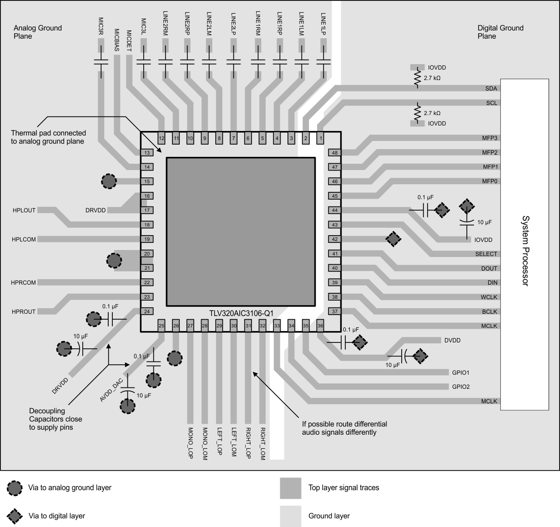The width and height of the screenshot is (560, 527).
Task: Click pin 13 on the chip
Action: pos(147,153)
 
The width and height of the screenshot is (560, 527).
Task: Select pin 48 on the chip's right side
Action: pos(335,153)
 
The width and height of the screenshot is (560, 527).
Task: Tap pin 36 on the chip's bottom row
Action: pos(320,326)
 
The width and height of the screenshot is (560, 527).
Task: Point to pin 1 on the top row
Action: pos(320,138)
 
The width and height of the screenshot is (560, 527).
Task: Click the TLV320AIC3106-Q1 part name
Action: pos(241,313)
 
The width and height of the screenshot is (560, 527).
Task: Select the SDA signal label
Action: pos(491,89)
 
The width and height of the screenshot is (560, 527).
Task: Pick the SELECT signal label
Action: pos(486,254)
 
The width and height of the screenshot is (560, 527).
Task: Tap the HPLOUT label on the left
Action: pos(24,211)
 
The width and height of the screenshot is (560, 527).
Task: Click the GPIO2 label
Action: pos(461,387)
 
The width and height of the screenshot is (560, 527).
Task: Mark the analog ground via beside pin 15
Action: pos(109,181)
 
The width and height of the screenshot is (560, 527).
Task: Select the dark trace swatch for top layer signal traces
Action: pos(290,488)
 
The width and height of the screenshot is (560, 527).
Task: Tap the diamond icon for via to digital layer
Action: pos(15,516)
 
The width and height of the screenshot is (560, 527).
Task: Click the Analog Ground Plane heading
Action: pos(38,32)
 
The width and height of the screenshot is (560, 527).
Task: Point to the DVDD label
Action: pos(452,340)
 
